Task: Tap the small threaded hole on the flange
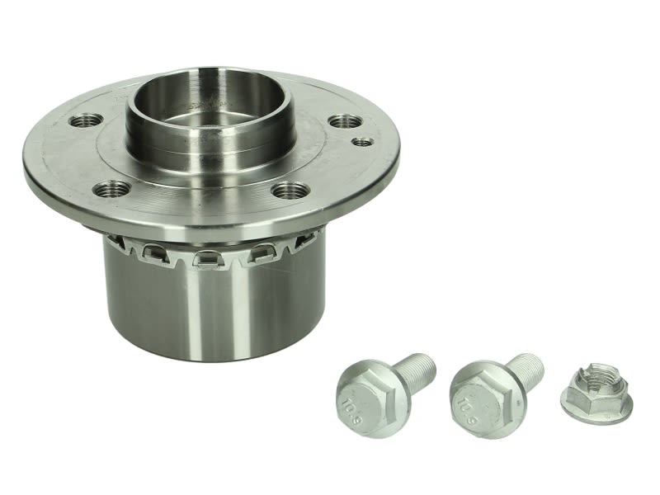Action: click(x=362, y=142)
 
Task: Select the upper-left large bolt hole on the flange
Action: click(x=86, y=120)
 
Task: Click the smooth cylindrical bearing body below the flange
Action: click(x=214, y=312)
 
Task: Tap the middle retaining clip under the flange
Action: click(x=207, y=258)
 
